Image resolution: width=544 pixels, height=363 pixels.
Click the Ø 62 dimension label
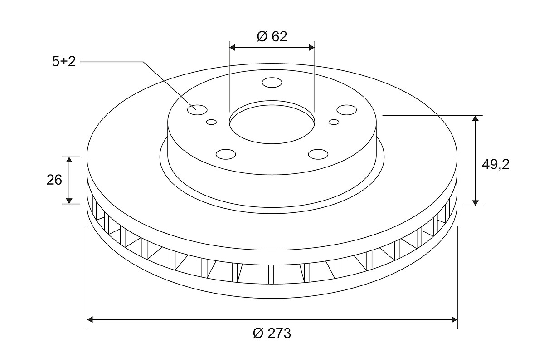272,37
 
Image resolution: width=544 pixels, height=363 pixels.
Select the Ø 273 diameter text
272,333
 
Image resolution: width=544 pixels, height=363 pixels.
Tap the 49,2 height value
495,165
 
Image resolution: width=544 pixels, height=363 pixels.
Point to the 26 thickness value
54,180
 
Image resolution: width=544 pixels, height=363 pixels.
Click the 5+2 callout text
64,62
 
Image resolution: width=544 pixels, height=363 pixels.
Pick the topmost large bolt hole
272,83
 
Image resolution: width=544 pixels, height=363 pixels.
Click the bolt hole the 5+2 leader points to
197,110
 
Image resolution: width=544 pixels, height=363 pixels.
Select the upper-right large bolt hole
346,110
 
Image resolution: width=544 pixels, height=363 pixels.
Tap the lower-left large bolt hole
226,154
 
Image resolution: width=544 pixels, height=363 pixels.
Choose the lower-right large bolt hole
318,154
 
